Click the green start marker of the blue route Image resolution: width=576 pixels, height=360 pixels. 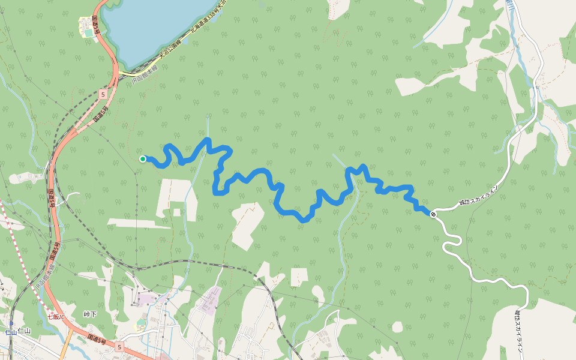[x=143, y=159]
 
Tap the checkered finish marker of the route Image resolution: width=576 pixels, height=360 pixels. [x=433, y=213]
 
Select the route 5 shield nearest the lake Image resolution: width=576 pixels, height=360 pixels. [x=103, y=94]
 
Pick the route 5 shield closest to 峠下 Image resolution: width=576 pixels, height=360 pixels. [x=119, y=347]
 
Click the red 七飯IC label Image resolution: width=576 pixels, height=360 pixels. [x=56, y=316]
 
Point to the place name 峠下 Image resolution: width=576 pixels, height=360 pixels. [x=90, y=314]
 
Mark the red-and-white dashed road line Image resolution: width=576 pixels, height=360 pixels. [x=18, y=240]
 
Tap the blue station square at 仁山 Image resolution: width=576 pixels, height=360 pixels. [x=11, y=323]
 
